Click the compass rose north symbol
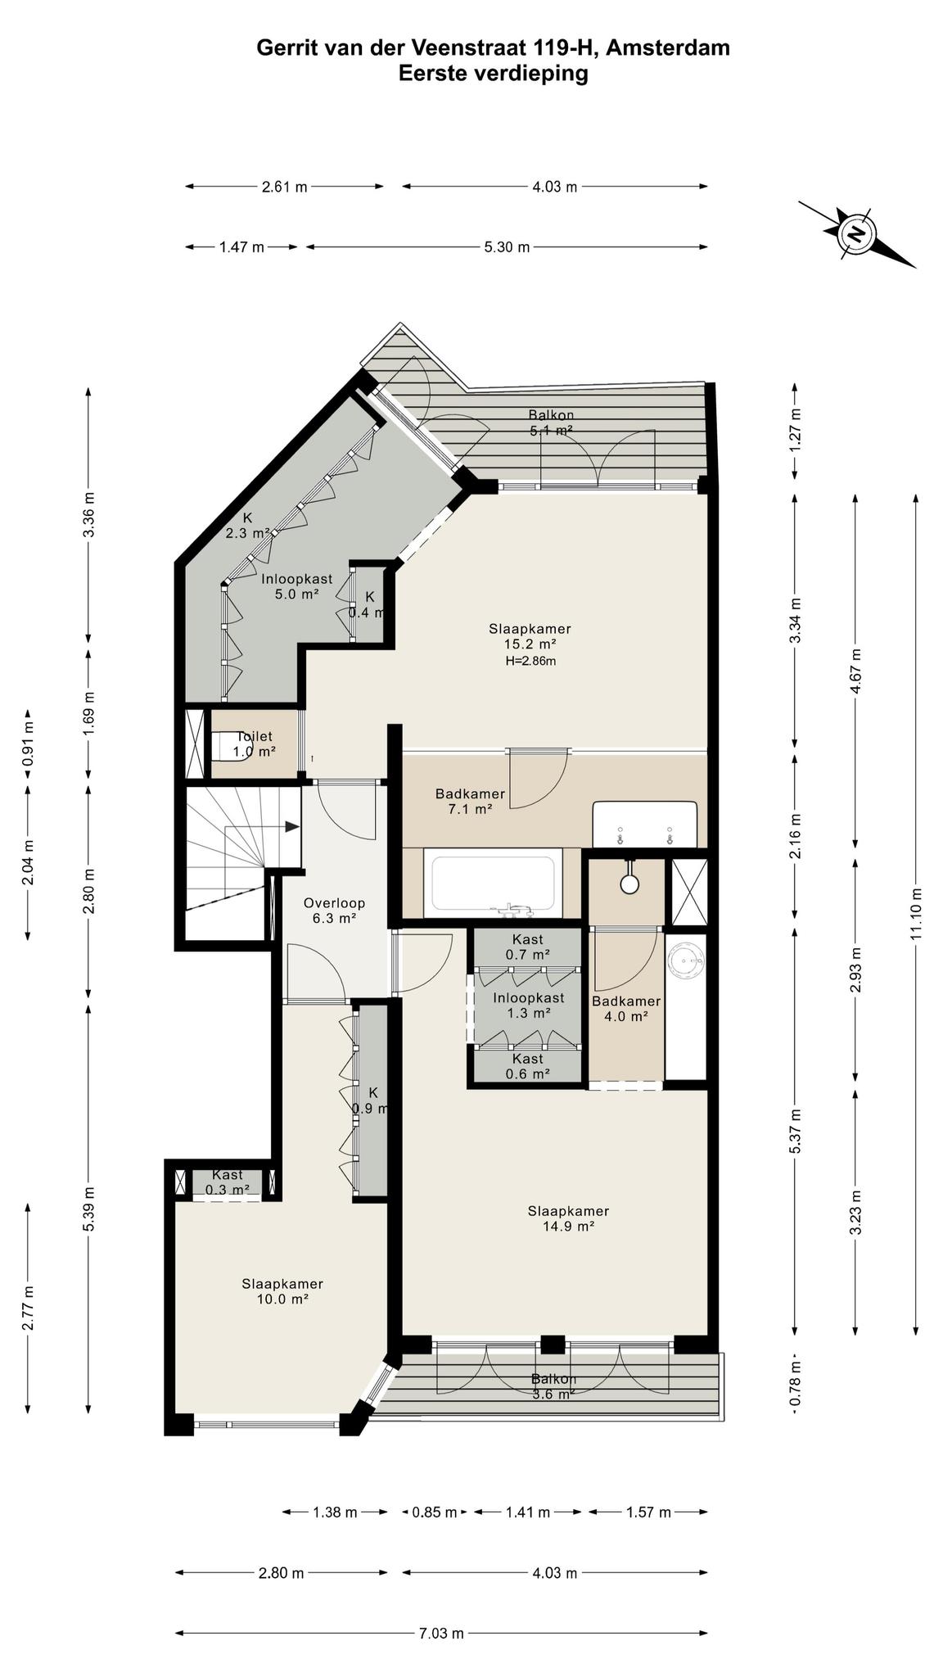[x=856, y=234]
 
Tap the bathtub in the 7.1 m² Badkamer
[x=494, y=884]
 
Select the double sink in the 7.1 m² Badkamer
[x=645, y=825]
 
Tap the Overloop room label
[x=334, y=911]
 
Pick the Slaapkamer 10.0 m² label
[x=282, y=1291]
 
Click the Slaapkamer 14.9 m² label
[x=568, y=1218]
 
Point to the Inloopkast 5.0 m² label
[x=296, y=586]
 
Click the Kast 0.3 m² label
[x=228, y=1182]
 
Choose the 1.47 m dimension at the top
[x=241, y=246]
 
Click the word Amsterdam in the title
[x=669, y=48]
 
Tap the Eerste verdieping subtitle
[x=494, y=74]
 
